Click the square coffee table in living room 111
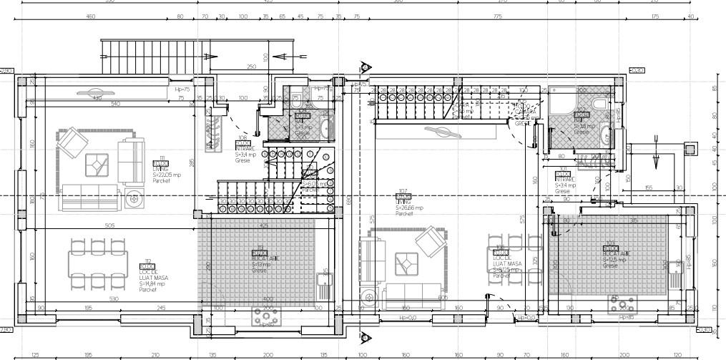tap(94, 165)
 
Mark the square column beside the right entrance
tap(690, 148)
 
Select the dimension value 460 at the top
tap(91, 16)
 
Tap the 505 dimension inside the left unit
tap(110, 225)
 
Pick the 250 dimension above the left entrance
tap(251, 67)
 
